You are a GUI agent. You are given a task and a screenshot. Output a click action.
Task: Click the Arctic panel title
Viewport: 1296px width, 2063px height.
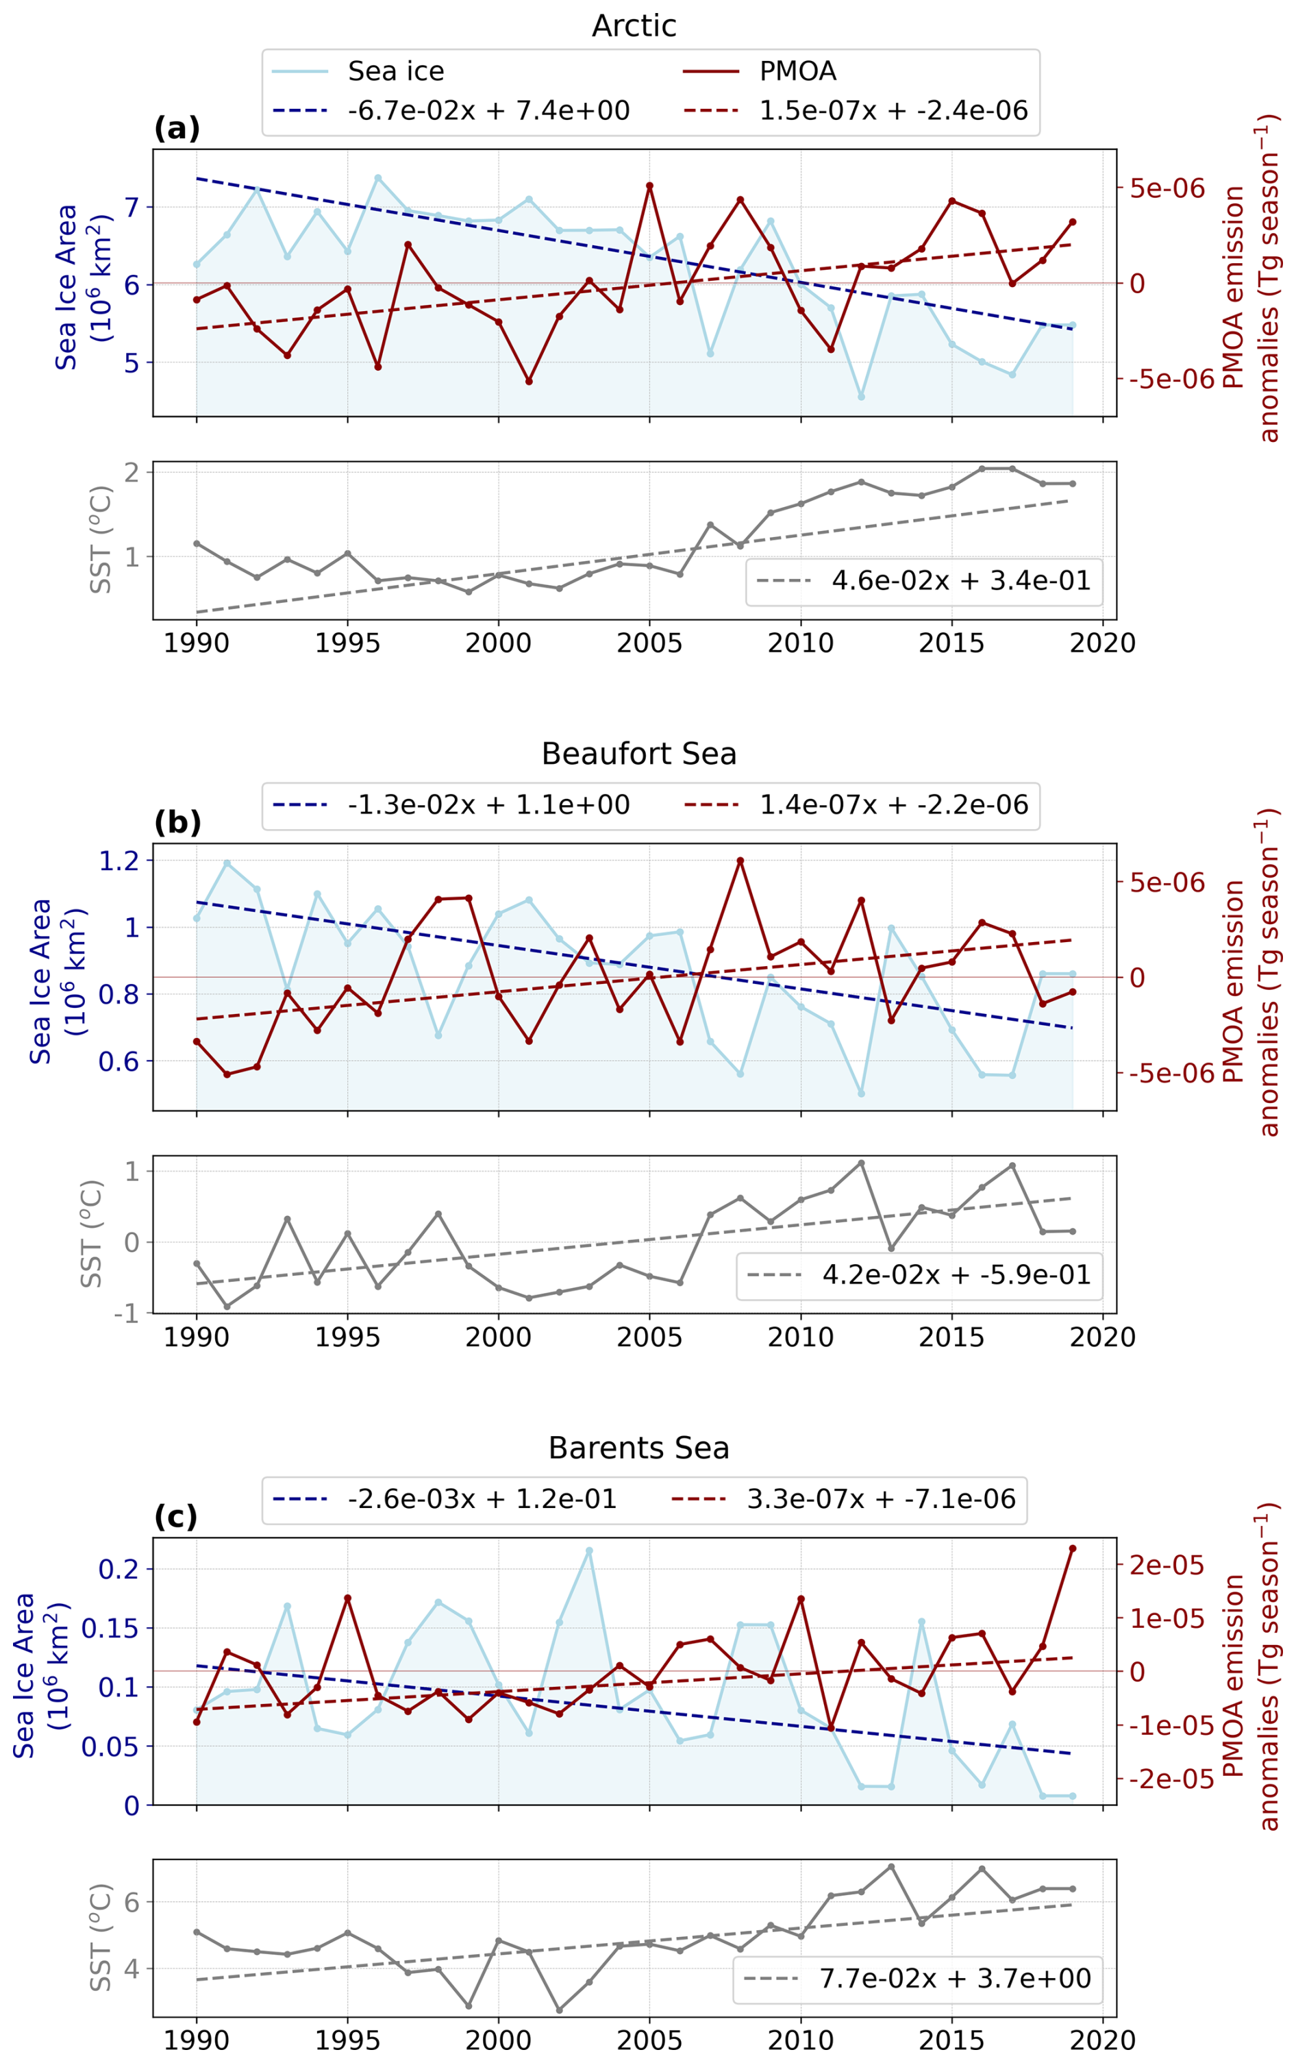click(634, 26)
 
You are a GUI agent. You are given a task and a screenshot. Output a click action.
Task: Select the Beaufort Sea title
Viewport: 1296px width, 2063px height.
click(639, 754)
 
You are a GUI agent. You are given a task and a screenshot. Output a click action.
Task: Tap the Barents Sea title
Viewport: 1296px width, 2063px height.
click(639, 1448)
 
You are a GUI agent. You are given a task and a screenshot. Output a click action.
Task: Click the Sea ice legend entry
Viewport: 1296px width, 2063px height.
click(396, 71)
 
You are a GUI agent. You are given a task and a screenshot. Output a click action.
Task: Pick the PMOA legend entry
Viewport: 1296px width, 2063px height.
click(797, 71)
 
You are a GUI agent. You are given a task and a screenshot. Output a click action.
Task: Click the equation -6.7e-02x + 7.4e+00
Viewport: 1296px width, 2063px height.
click(488, 110)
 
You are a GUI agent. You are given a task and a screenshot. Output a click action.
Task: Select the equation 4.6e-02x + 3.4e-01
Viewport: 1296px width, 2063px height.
click(961, 581)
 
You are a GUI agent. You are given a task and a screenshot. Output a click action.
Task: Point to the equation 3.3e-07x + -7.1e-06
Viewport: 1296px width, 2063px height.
click(882, 1498)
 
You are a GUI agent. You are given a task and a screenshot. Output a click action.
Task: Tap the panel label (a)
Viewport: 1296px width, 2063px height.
click(177, 129)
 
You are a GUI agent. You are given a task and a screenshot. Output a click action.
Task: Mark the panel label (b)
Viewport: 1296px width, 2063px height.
click(177, 822)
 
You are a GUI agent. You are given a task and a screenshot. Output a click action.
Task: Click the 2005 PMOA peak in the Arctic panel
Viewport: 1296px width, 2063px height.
click(649, 186)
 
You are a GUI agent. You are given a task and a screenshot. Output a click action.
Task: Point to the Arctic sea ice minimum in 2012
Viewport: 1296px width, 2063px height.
click(861, 397)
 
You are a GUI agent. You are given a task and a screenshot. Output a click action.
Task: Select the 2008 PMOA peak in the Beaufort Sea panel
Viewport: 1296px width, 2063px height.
click(740, 860)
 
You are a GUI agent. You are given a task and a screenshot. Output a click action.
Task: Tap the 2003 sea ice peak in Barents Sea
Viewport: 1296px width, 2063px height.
click(589, 1551)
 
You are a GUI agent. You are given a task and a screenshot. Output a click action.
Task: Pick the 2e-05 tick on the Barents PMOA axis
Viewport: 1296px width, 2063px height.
click(1166, 1566)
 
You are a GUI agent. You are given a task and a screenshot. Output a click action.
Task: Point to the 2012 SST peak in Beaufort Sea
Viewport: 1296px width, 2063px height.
click(861, 1163)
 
